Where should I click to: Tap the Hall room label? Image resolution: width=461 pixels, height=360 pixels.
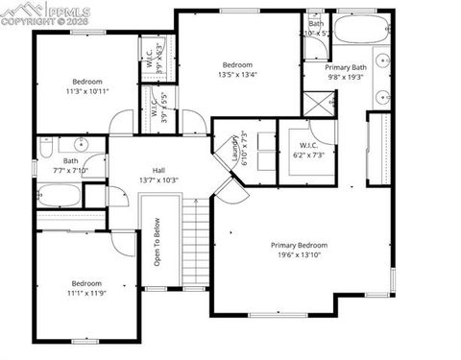click(158, 170)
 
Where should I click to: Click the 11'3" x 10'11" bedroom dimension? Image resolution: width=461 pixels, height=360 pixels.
click(86, 91)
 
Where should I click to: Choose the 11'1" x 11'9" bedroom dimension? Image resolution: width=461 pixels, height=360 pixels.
click(86, 293)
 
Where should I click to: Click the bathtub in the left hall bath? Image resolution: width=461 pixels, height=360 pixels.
click(59, 196)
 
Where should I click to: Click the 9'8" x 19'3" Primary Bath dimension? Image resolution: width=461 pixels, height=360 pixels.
click(346, 78)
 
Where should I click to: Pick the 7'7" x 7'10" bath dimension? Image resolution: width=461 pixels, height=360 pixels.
click(71, 171)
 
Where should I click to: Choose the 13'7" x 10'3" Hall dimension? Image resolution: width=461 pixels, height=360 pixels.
click(158, 180)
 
